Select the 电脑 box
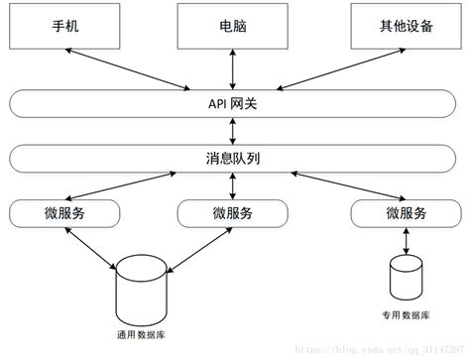(233, 26)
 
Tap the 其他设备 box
(405, 26)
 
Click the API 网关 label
(233, 102)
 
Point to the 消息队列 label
(233, 158)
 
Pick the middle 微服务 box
(233, 212)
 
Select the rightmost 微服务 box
(407, 212)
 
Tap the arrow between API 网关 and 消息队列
(233, 130)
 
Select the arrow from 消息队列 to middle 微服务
(233, 185)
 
